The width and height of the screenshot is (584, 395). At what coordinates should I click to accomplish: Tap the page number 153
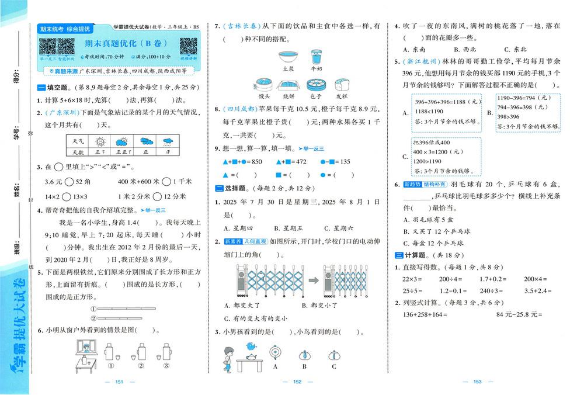[x=477, y=382]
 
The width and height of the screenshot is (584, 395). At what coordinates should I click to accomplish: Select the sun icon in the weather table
[x=100, y=141]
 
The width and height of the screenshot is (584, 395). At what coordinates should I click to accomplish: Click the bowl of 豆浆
[x=287, y=58]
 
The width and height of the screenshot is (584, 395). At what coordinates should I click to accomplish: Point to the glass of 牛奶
[x=317, y=57]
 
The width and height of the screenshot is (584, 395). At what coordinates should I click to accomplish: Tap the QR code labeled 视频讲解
[x=188, y=47]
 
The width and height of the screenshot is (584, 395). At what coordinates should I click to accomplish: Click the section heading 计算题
[x=413, y=255]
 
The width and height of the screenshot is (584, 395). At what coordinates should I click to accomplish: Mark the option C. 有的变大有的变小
[x=256, y=318]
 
